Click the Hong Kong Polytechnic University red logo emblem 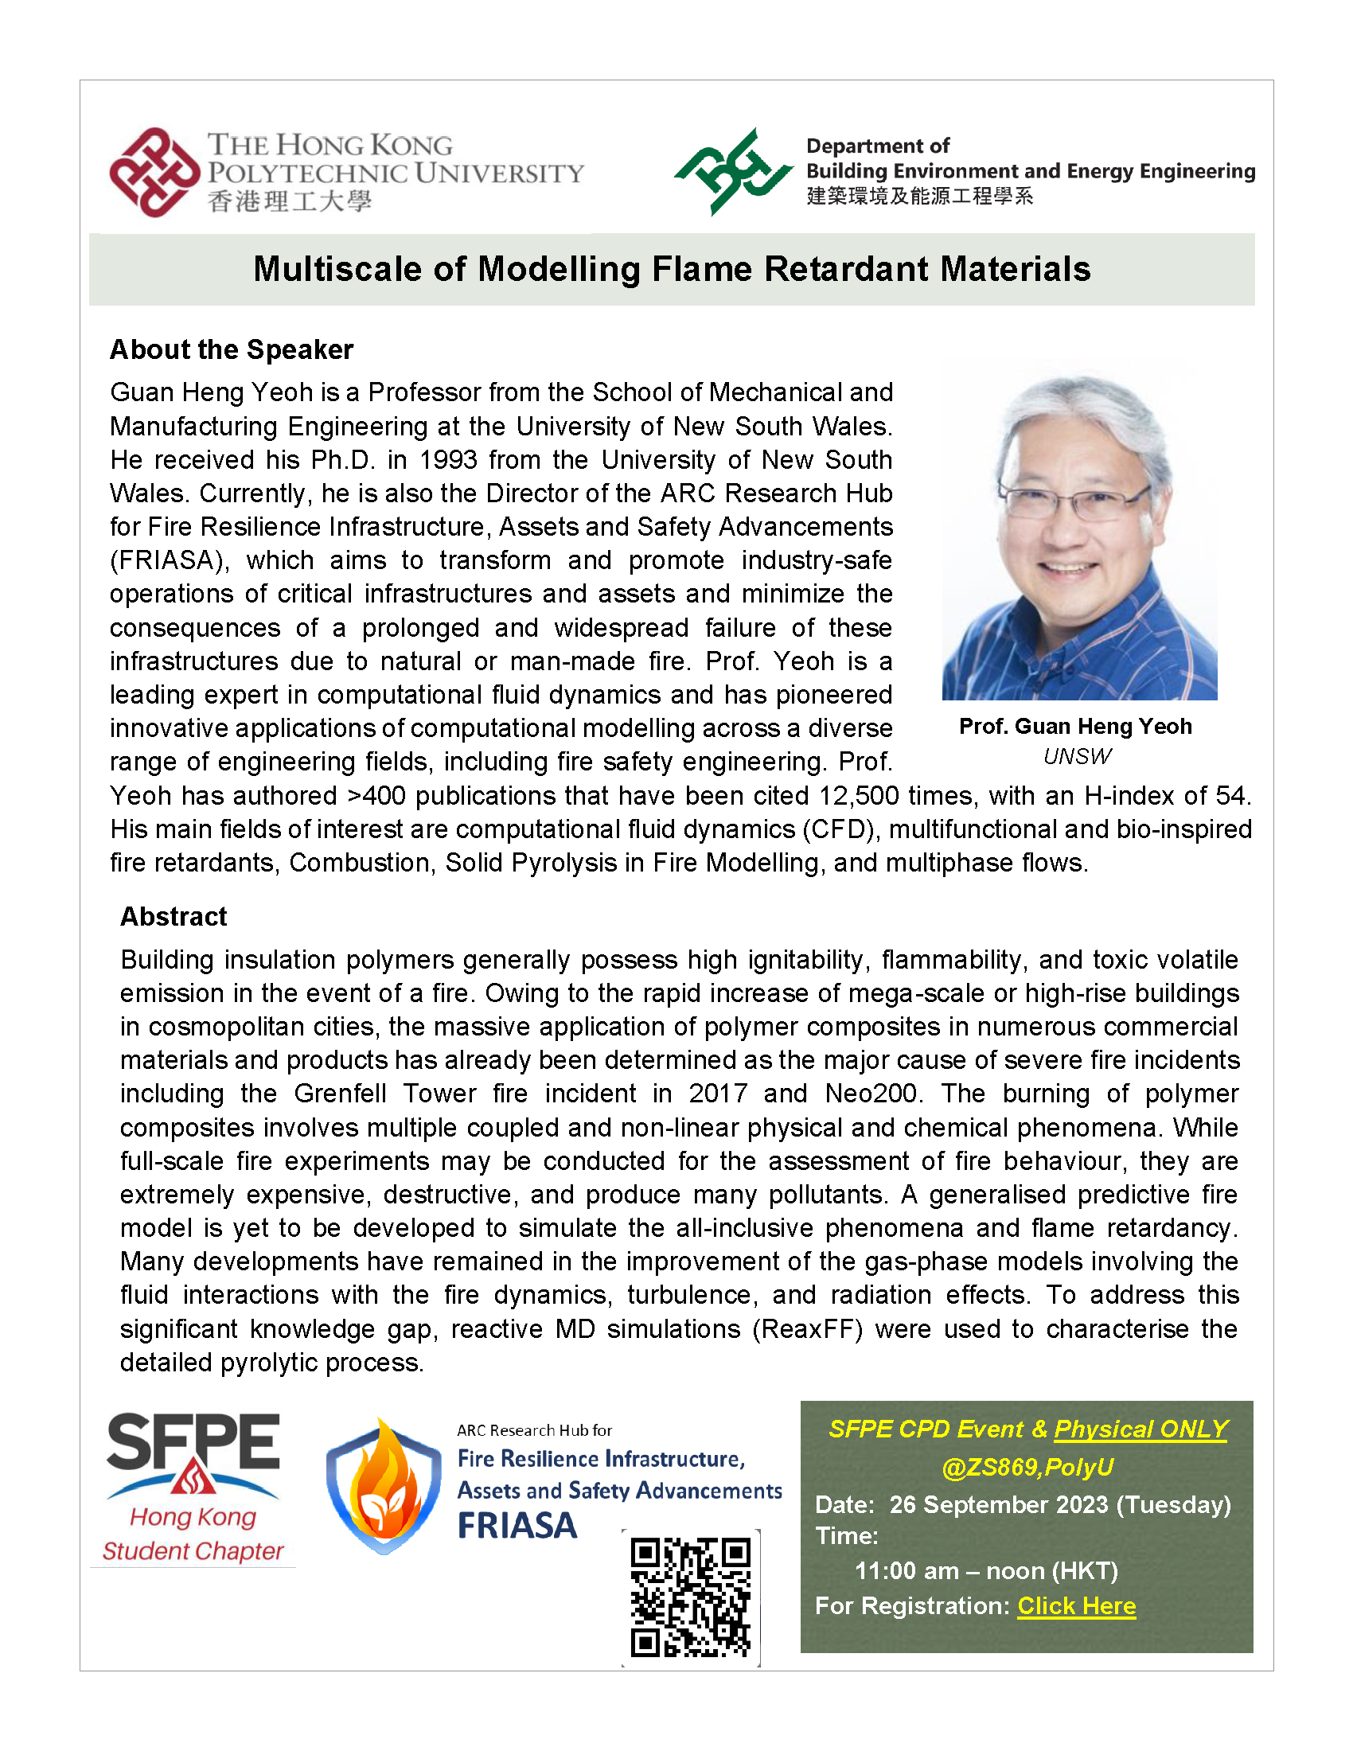[x=154, y=173]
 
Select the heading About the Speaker [x=232, y=349]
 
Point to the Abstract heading [x=174, y=916]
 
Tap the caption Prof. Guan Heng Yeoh [x=1075, y=727]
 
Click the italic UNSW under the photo [x=1077, y=756]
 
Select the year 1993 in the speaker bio [x=443, y=460]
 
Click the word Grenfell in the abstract [x=340, y=1094]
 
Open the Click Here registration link [x=1077, y=1606]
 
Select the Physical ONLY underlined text [x=1140, y=1429]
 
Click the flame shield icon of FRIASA [x=384, y=1488]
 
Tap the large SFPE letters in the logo [x=193, y=1443]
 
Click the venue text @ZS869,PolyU [x=1027, y=1467]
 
